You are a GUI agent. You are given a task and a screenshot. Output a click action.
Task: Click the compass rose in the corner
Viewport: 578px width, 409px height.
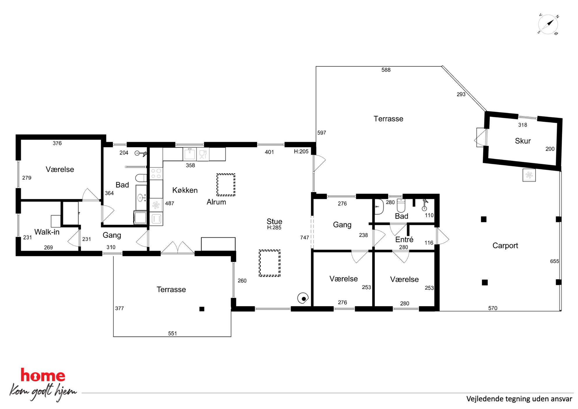[x=548, y=24]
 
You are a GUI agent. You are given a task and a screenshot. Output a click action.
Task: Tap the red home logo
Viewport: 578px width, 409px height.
[x=43, y=375]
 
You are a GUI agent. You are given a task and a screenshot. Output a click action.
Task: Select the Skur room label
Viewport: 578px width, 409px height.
[x=523, y=141]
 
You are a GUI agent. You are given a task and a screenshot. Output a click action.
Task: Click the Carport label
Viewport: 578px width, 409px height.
[x=505, y=245]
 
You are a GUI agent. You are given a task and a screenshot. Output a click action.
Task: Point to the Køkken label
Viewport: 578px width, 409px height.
[x=185, y=190]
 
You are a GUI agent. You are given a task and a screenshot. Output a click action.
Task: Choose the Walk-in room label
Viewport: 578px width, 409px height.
[x=47, y=232]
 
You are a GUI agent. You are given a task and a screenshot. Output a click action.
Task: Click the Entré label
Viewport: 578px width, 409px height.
[x=404, y=239]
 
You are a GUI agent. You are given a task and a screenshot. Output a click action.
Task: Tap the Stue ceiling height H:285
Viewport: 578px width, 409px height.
[x=274, y=228]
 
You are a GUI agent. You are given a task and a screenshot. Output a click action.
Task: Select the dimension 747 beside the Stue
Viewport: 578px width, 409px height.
[x=304, y=238]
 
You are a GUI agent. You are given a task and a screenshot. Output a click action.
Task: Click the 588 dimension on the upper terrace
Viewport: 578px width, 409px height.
[x=386, y=70]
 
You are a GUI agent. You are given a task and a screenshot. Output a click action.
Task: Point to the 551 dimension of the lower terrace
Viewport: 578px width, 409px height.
[x=172, y=333]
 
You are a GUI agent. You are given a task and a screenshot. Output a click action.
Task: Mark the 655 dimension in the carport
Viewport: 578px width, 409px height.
[x=554, y=261]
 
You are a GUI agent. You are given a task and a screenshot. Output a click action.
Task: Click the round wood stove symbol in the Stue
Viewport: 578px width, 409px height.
[x=303, y=298]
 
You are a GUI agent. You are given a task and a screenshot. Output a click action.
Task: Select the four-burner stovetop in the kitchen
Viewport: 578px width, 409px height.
[x=156, y=173]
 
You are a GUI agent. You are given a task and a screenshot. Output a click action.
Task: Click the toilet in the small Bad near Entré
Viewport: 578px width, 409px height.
[x=401, y=206]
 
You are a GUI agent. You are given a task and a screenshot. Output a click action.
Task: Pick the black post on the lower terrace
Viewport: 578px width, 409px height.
[x=202, y=309]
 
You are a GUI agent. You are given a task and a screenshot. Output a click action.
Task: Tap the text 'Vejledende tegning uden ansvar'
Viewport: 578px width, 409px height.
[x=519, y=399]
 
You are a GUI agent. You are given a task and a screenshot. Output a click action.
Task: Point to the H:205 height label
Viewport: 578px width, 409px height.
[x=301, y=152]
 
